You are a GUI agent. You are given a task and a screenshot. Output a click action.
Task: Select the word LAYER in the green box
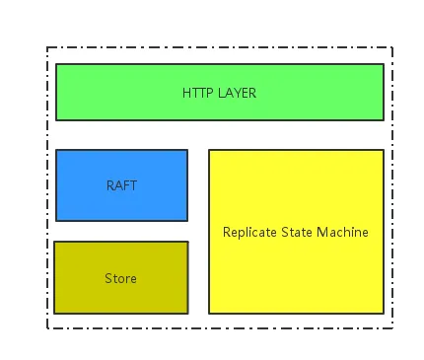[x=236, y=93]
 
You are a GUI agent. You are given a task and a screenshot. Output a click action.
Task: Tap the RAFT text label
[x=121, y=185]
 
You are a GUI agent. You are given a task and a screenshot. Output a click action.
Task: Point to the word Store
[x=120, y=278]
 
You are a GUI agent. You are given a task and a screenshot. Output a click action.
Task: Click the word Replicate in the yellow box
[x=248, y=233]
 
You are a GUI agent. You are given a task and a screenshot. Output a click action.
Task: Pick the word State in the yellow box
[x=296, y=233]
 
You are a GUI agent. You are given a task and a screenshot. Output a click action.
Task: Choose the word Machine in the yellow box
[x=343, y=233]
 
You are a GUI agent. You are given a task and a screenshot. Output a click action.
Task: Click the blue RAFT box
[x=121, y=168]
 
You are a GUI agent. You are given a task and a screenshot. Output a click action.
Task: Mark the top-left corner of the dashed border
[x=47, y=47]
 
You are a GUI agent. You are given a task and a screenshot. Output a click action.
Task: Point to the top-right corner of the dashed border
[x=392, y=47]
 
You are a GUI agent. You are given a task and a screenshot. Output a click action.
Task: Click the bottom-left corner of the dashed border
[x=47, y=328]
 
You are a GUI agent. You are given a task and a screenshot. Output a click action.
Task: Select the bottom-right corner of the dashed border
[x=392, y=328]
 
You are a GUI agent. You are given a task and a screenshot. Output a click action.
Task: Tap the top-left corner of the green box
[x=56, y=64]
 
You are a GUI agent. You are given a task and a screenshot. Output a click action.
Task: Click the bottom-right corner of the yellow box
[x=384, y=314]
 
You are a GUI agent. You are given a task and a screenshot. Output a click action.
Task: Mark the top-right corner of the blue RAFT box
[x=187, y=150]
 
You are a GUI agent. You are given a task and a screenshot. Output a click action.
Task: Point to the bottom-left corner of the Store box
[x=54, y=314]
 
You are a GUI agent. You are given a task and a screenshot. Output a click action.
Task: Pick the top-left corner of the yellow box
[x=209, y=150]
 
